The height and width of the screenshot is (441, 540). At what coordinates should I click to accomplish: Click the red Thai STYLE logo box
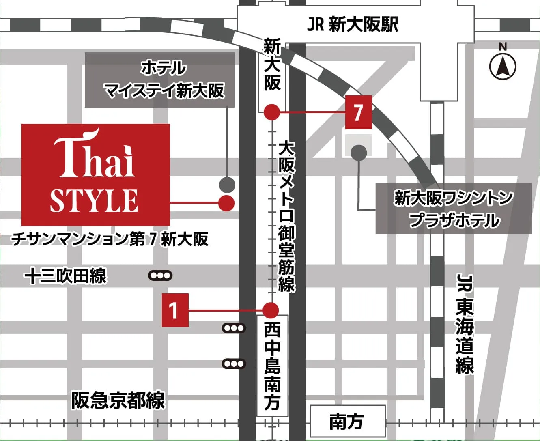click(95, 174)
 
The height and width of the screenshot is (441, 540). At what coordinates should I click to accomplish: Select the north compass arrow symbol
click(503, 66)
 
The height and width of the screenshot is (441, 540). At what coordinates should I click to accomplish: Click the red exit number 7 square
click(358, 112)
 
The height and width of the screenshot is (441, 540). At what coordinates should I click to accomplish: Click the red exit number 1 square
click(175, 310)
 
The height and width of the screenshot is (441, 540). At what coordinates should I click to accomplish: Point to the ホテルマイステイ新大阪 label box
click(159, 80)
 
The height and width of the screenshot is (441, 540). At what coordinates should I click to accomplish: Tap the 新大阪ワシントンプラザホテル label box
click(453, 209)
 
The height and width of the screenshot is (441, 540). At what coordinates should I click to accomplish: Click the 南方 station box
click(347, 422)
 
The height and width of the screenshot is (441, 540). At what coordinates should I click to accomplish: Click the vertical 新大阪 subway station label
click(272, 65)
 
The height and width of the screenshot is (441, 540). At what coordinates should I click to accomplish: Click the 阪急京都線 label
click(118, 400)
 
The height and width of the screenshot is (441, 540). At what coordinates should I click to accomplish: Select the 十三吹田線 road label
click(65, 277)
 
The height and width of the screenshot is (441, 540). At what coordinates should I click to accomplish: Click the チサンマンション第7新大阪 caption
click(110, 239)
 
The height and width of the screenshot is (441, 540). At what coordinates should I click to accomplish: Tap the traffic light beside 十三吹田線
click(160, 276)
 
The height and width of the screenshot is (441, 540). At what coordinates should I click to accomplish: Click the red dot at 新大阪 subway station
click(272, 112)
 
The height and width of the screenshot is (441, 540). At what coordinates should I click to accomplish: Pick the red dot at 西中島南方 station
click(271, 310)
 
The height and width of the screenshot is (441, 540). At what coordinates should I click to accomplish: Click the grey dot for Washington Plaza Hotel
click(359, 153)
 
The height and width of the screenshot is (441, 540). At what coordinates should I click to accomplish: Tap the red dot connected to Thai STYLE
click(226, 203)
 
